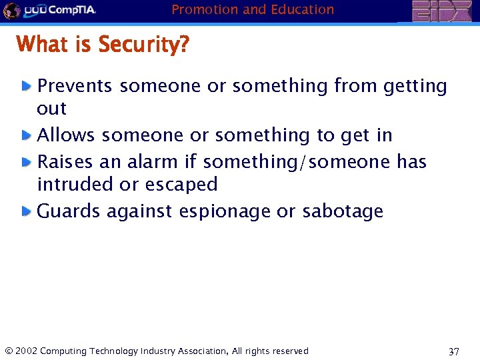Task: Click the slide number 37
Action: point(453,352)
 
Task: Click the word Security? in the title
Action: point(143,45)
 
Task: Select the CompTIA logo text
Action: point(71,11)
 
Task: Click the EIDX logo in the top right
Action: point(441,11)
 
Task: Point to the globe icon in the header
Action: point(11,11)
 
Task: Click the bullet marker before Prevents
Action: point(26,86)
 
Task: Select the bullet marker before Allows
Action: point(26,135)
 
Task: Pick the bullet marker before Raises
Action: point(26,162)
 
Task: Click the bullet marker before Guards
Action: point(26,211)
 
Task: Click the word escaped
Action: point(183,185)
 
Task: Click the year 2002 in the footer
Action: point(26,351)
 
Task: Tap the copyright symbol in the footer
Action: point(8,351)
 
